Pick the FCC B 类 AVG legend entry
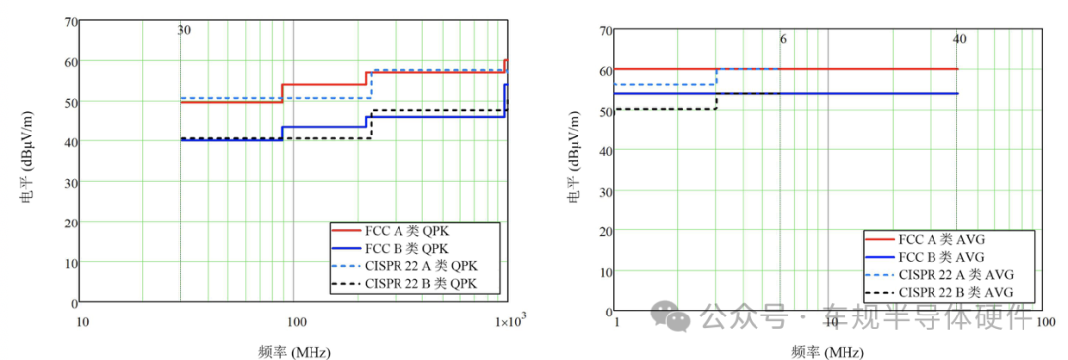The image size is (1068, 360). (926, 257)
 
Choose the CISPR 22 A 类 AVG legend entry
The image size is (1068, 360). (939, 275)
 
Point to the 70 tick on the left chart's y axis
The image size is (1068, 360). (70, 21)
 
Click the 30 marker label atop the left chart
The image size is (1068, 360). (184, 30)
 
